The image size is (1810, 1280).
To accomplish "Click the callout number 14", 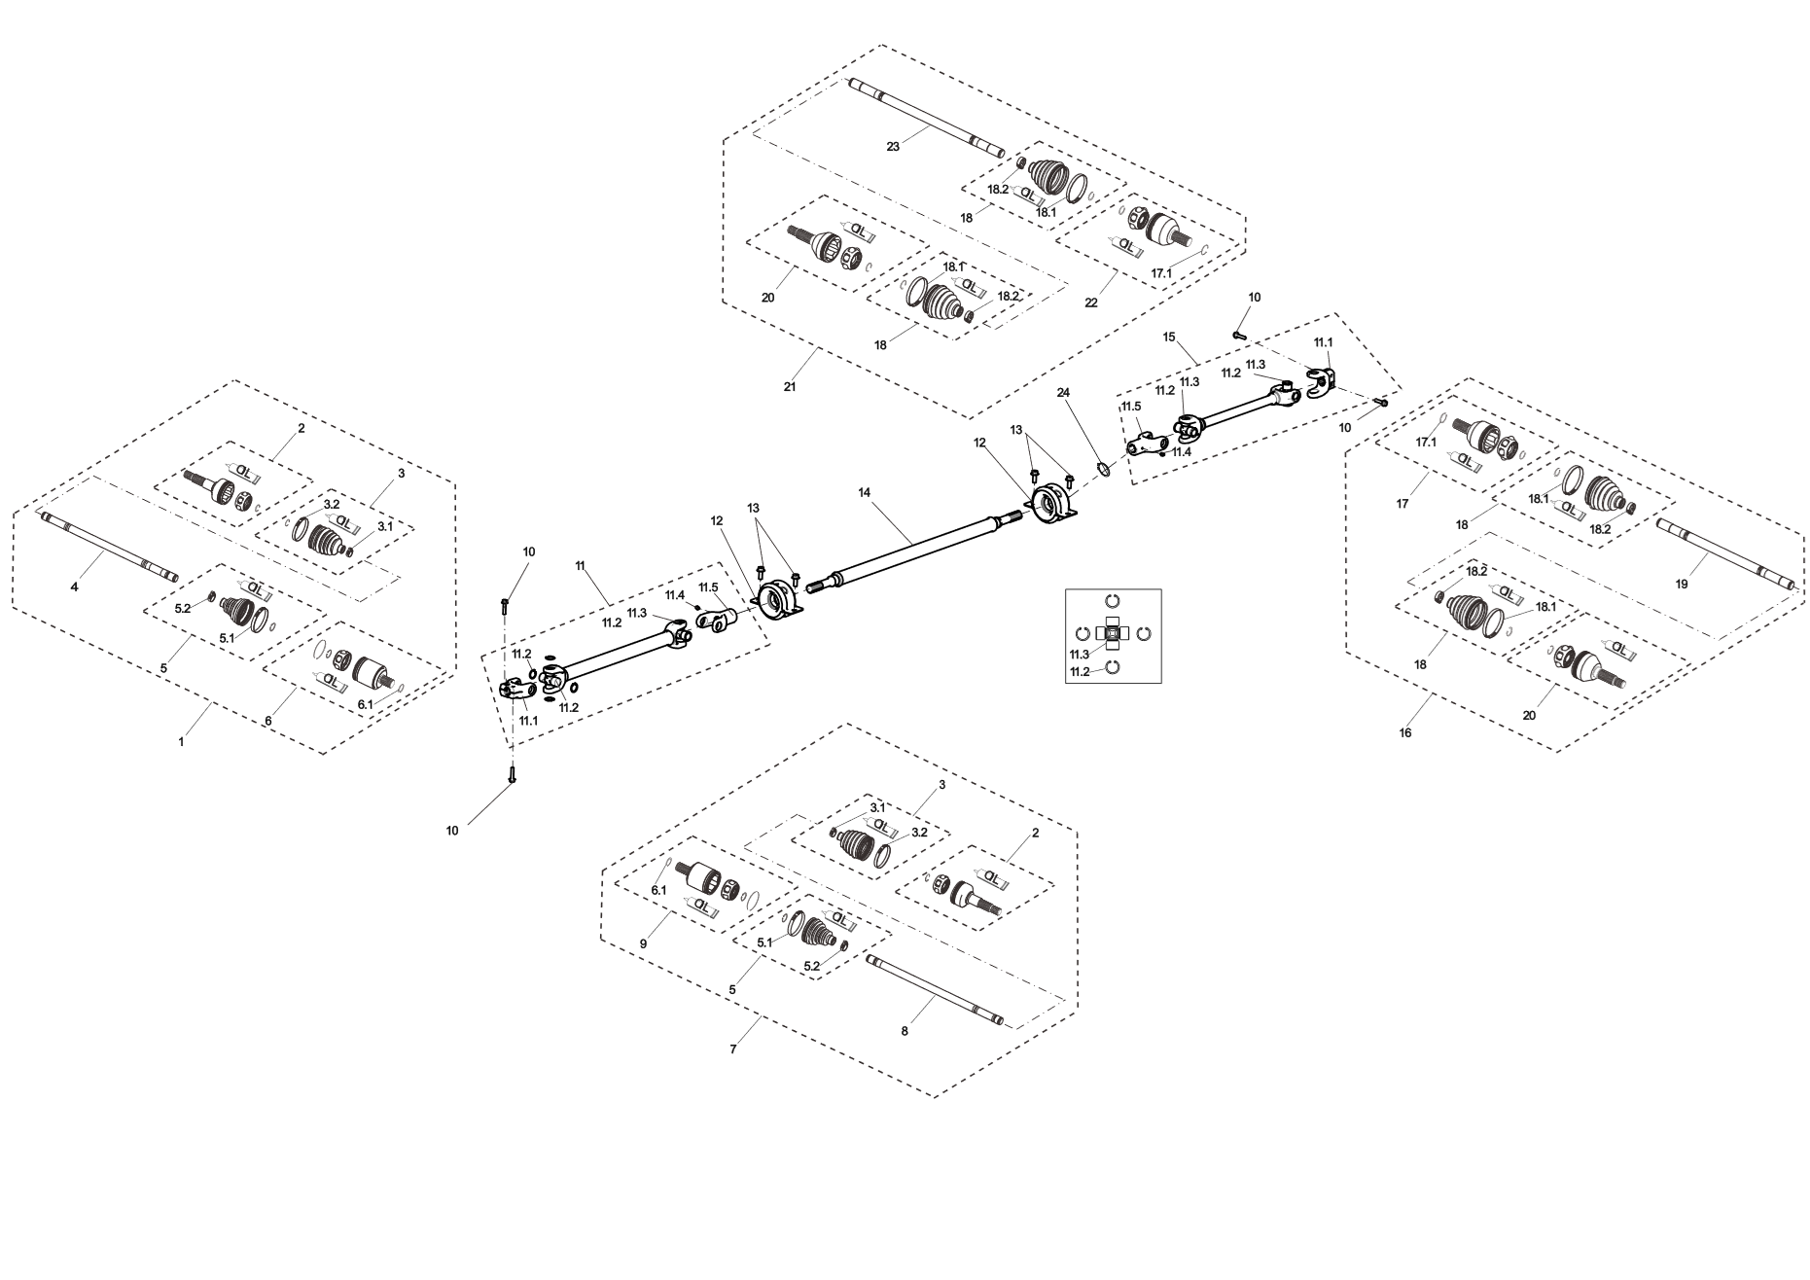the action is pyautogui.click(x=865, y=493).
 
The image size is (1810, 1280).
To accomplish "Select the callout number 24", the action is pyautogui.click(x=1063, y=392).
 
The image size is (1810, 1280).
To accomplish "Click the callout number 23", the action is pyautogui.click(x=893, y=147).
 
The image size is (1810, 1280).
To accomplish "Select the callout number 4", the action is pyautogui.click(x=74, y=587).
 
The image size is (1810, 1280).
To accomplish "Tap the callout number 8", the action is pyautogui.click(x=905, y=1031).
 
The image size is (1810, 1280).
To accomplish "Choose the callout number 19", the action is pyautogui.click(x=1682, y=585).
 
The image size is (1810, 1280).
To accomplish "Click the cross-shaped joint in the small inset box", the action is pyautogui.click(x=1114, y=634).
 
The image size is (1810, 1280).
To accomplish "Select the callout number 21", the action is pyautogui.click(x=790, y=387).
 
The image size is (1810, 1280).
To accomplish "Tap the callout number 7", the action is pyautogui.click(x=733, y=1049).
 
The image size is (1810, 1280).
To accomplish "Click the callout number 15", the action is pyautogui.click(x=1169, y=337).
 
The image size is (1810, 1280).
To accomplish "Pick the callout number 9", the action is pyautogui.click(x=643, y=944).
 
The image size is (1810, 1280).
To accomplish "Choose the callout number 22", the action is pyautogui.click(x=1091, y=302).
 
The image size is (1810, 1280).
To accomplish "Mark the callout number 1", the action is pyautogui.click(x=181, y=742).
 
